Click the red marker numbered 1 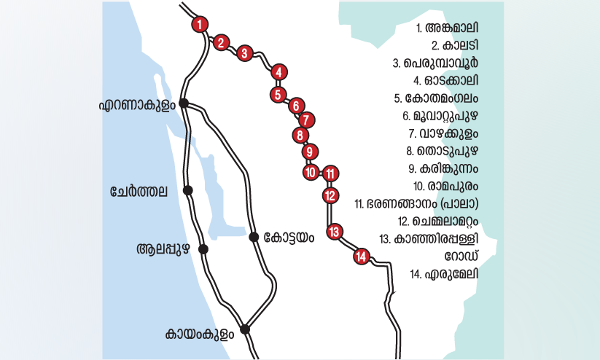199,24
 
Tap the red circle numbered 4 278,71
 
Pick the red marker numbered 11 330,173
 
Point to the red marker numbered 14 361,256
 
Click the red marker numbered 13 335,232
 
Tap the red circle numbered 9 310,152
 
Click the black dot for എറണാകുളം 184,103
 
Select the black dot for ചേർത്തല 188,190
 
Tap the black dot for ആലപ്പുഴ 203,249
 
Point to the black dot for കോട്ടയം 254,236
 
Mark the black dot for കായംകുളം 246,329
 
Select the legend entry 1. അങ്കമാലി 447,28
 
